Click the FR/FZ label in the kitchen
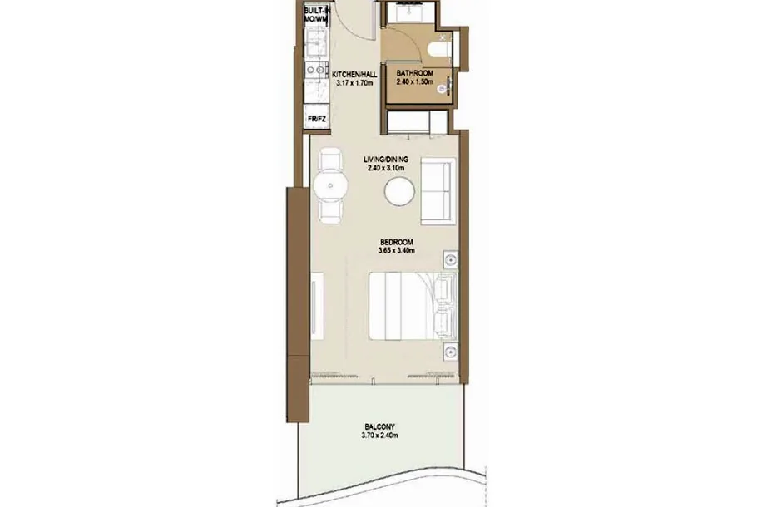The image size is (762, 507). click(317, 119)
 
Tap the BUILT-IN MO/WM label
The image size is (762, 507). click(316, 15)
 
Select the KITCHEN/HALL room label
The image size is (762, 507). click(354, 75)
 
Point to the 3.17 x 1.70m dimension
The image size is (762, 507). click(354, 83)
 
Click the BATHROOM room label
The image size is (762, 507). click(414, 73)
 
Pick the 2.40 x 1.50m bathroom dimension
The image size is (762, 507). click(414, 82)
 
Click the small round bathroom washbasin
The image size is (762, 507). click(443, 88)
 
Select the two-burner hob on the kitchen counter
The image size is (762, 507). click(316, 71)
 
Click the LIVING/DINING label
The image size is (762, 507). click(386, 160)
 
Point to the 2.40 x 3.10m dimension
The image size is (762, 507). click(386, 168)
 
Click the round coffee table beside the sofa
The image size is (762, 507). click(399, 191)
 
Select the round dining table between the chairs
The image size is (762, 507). click(331, 185)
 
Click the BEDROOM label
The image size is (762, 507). click(397, 242)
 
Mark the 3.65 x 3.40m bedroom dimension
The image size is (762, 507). click(397, 250)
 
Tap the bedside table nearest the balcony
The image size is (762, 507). click(451, 352)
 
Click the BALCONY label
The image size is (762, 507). click(379, 427)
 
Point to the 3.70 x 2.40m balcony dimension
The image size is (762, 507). click(379, 436)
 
